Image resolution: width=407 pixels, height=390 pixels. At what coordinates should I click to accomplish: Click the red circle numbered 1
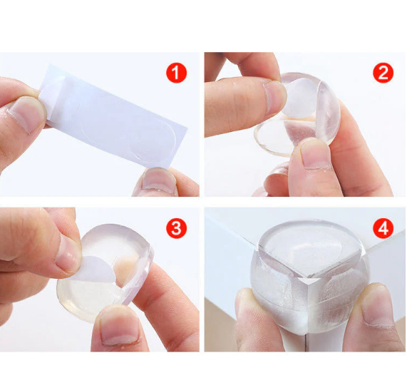point(176,73)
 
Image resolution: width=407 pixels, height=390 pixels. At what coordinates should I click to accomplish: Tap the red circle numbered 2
point(383,73)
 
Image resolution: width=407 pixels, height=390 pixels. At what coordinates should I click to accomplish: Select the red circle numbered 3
point(176,228)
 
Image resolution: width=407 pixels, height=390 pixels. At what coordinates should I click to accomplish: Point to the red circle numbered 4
point(383,228)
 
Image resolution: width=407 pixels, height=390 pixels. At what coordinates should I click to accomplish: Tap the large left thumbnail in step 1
point(26,114)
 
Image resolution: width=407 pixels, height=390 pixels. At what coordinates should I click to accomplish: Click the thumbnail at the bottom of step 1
point(159,180)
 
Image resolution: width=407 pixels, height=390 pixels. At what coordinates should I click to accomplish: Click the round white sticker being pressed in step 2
point(301,98)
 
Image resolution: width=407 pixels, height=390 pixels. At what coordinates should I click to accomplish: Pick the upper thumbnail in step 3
point(68,252)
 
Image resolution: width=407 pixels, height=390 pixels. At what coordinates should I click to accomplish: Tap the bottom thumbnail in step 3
point(120,328)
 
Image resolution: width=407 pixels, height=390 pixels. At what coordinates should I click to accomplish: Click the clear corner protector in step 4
point(309,276)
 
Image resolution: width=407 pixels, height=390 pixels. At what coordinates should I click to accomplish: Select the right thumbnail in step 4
point(377,307)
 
